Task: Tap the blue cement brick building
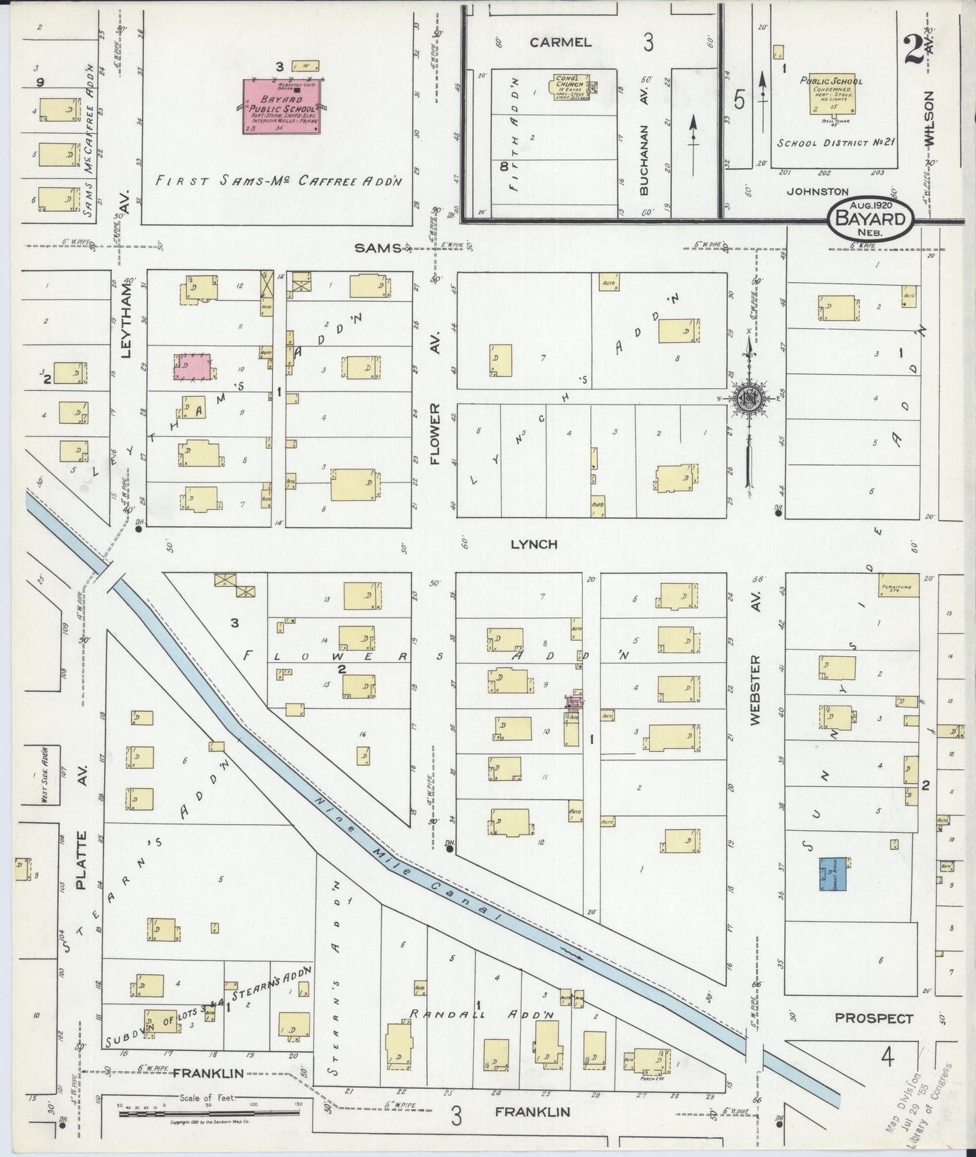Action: point(834,875)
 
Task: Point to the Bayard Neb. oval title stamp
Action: point(870,219)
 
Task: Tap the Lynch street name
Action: point(534,544)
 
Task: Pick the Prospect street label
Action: point(873,1019)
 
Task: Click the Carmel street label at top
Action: point(560,43)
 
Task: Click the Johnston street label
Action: point(817,192)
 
